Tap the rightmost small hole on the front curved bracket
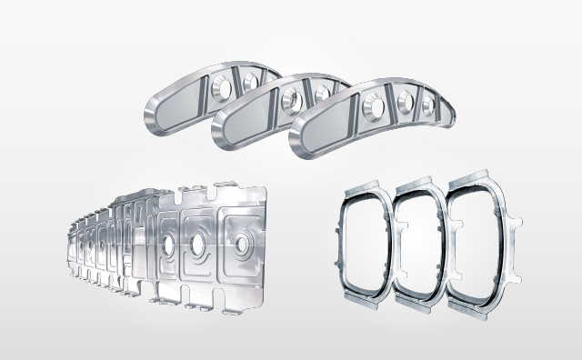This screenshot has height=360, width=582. tap(424, 106)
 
